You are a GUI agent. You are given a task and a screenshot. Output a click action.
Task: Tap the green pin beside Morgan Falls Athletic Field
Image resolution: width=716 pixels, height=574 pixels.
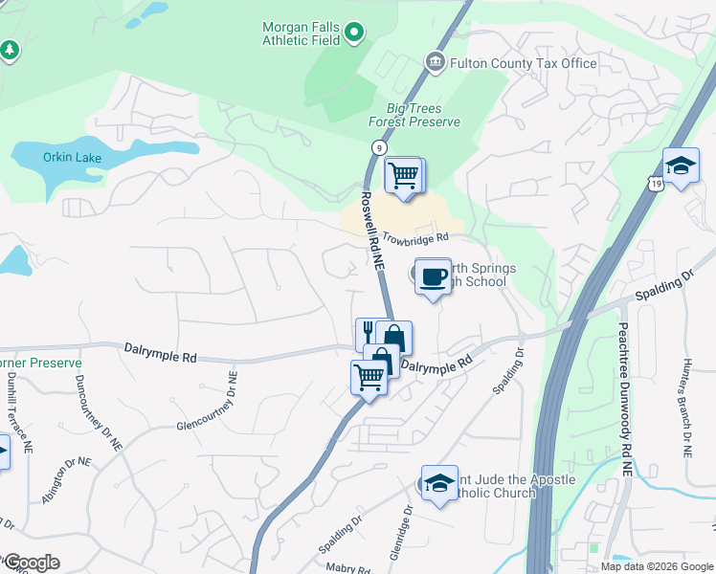click(354, 33)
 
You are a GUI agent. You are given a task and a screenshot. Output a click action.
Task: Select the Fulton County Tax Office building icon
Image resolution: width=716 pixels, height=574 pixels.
click(436, 63)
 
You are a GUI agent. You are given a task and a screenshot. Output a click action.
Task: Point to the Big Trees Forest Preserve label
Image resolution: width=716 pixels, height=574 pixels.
click(414, 115)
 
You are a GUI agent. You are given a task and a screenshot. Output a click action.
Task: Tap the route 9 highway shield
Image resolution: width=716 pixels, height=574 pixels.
click(380, 147)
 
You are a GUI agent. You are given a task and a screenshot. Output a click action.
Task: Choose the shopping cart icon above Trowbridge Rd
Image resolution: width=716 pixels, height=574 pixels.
click(404, 175)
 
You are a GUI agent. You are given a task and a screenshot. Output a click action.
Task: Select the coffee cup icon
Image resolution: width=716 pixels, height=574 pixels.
click(433, 276)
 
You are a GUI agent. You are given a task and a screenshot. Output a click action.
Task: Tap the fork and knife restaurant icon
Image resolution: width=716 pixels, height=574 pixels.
click(369, 334)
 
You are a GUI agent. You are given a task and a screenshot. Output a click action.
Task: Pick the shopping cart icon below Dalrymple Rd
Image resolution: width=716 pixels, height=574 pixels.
click(369, 377)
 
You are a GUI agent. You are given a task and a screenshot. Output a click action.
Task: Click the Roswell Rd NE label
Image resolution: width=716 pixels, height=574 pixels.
click(371, 229)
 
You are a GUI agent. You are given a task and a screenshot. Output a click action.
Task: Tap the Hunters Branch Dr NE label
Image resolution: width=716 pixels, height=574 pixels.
click(687, 413)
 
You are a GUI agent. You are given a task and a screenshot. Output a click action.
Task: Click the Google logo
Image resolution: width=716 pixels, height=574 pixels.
click(31, 563)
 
